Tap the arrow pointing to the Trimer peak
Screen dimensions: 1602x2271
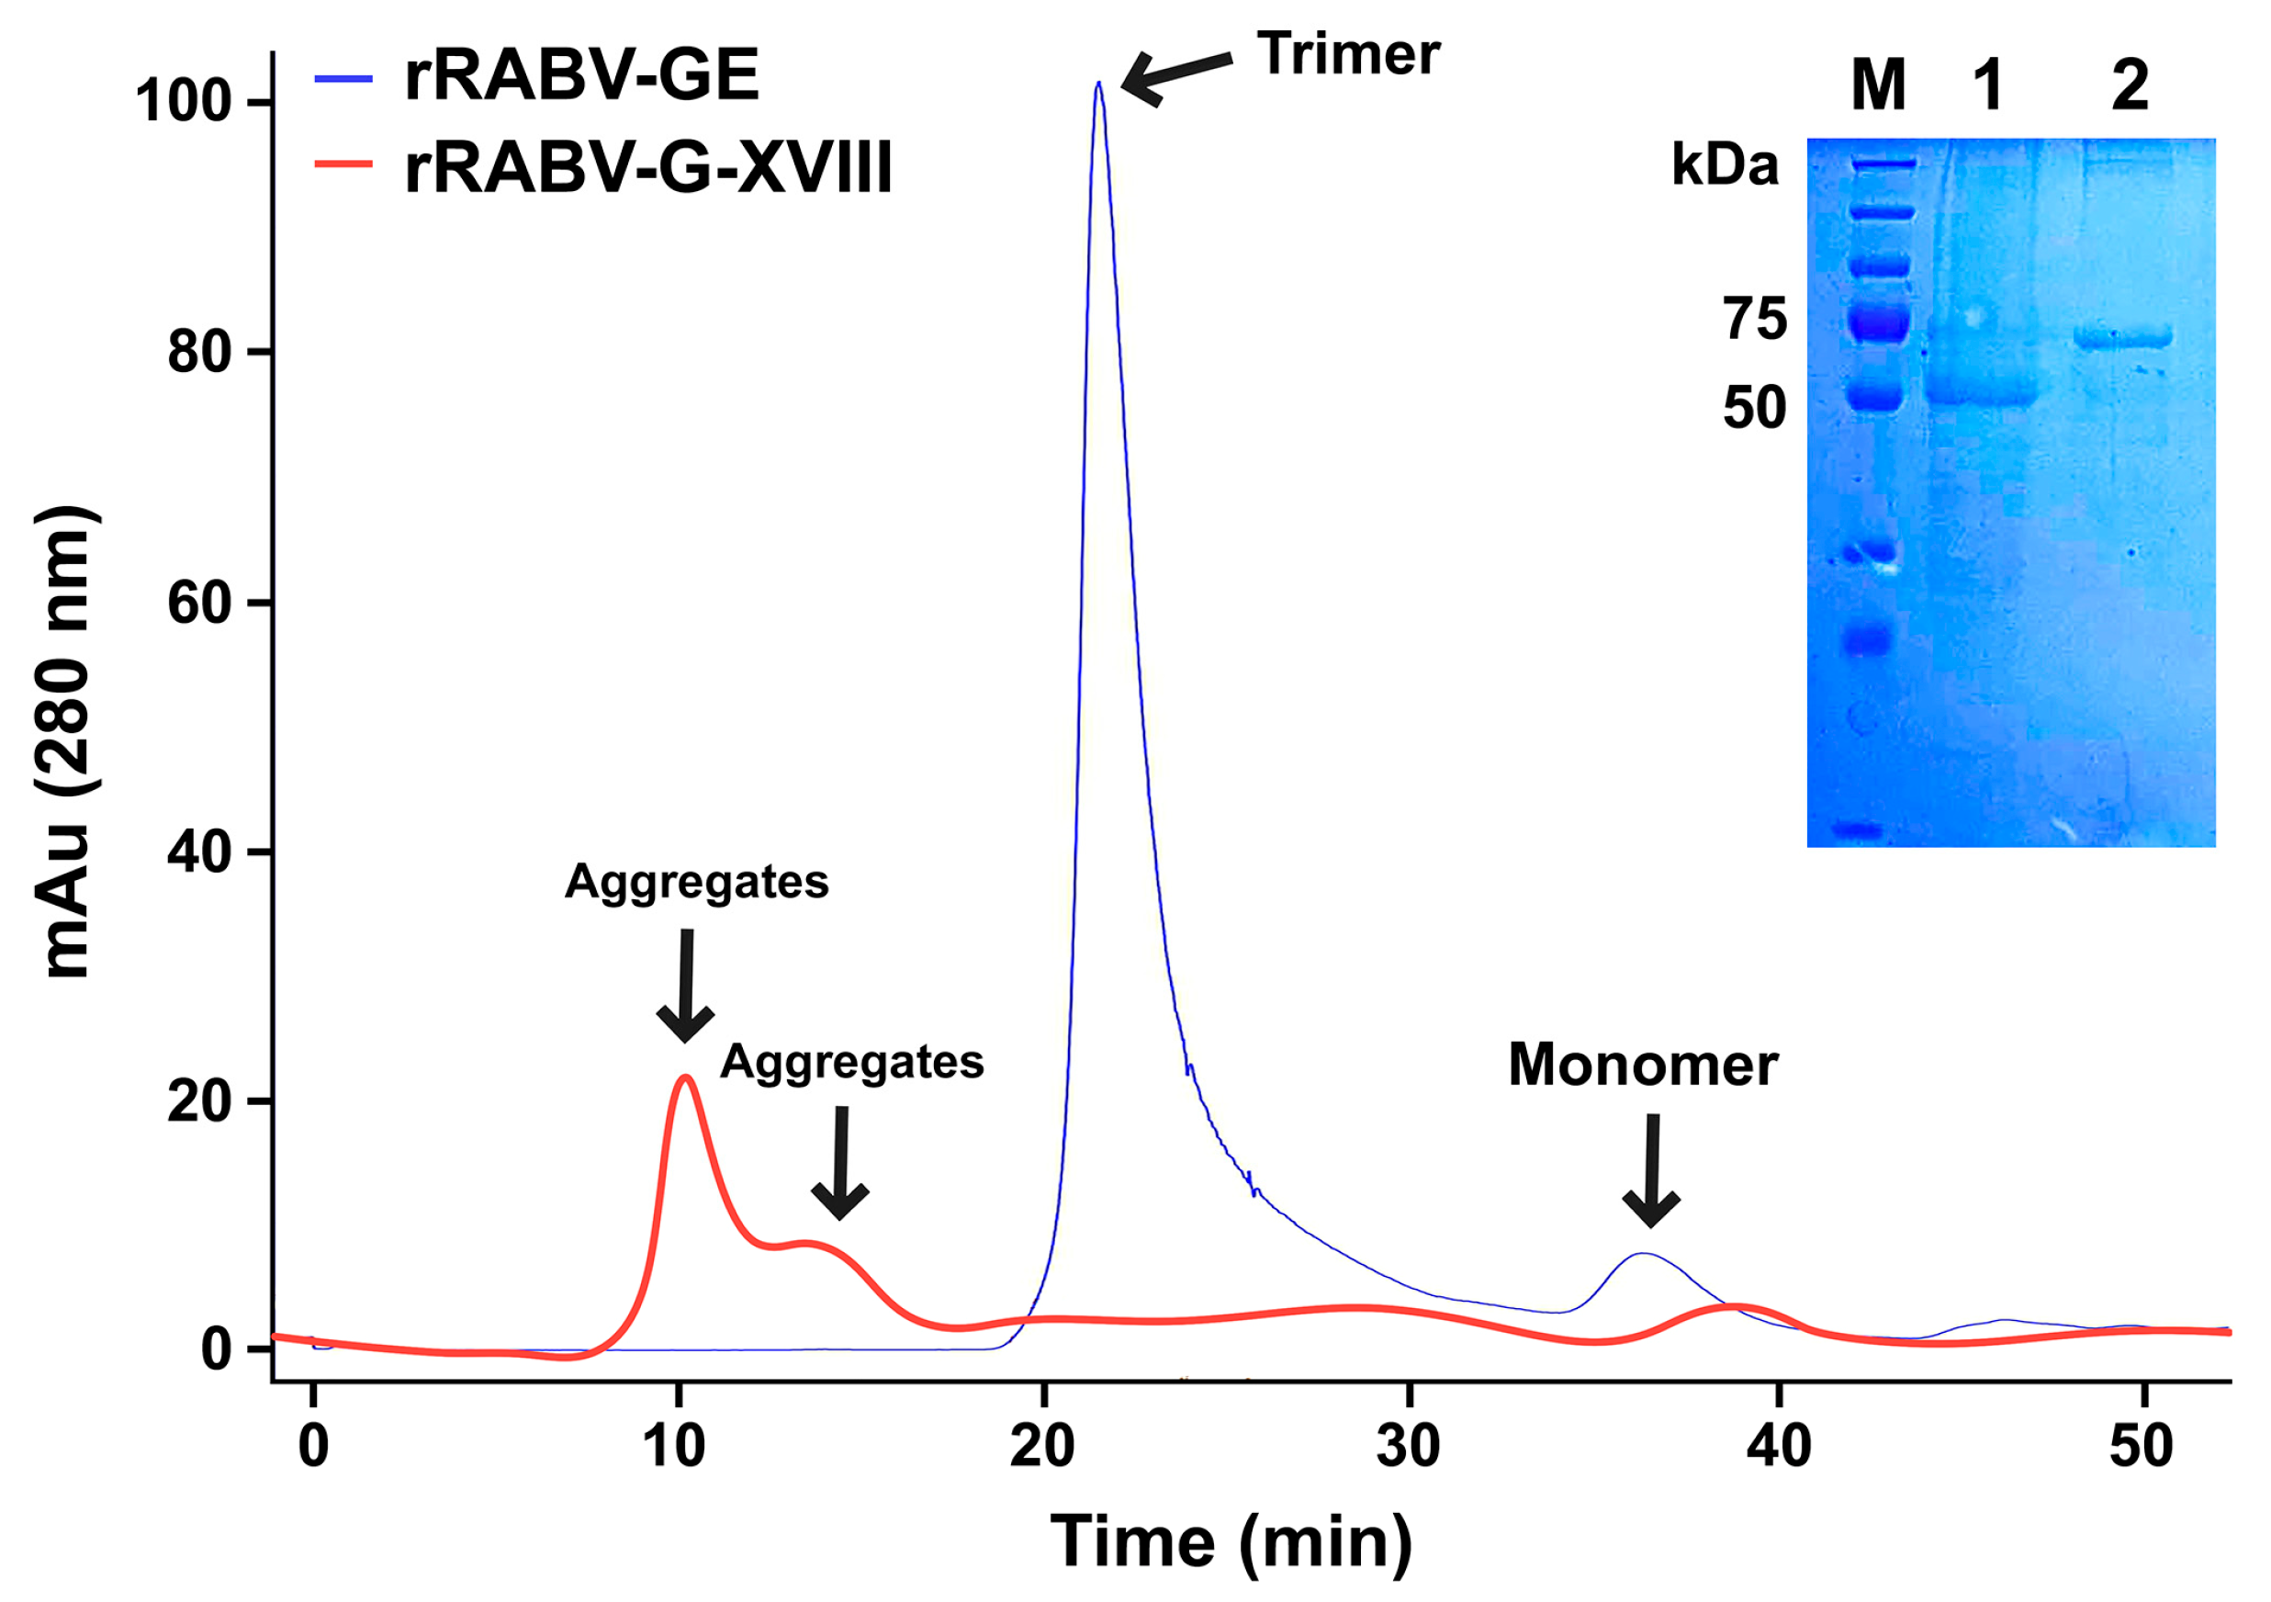(x=1176, y=77)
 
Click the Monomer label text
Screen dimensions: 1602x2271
(x=1643, y=1065)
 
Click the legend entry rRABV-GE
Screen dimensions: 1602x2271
(x=580, y=76)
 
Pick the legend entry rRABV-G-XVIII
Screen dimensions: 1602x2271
(x=647, y=166)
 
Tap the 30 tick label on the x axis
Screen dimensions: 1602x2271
(x=1408, y=1447)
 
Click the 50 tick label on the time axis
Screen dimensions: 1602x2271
(x=2141, y=1447)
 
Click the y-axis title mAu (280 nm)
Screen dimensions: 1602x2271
(x=67, y=742)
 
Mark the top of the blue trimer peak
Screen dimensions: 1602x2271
(x=1099, y=85)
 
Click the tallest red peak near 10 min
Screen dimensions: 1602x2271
(x=684, y=1077)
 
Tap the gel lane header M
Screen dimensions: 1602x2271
(x=1877, y=85)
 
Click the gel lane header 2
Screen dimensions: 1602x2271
(x=2130, y=85)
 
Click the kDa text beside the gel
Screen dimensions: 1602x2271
(x=1724, y=165)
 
